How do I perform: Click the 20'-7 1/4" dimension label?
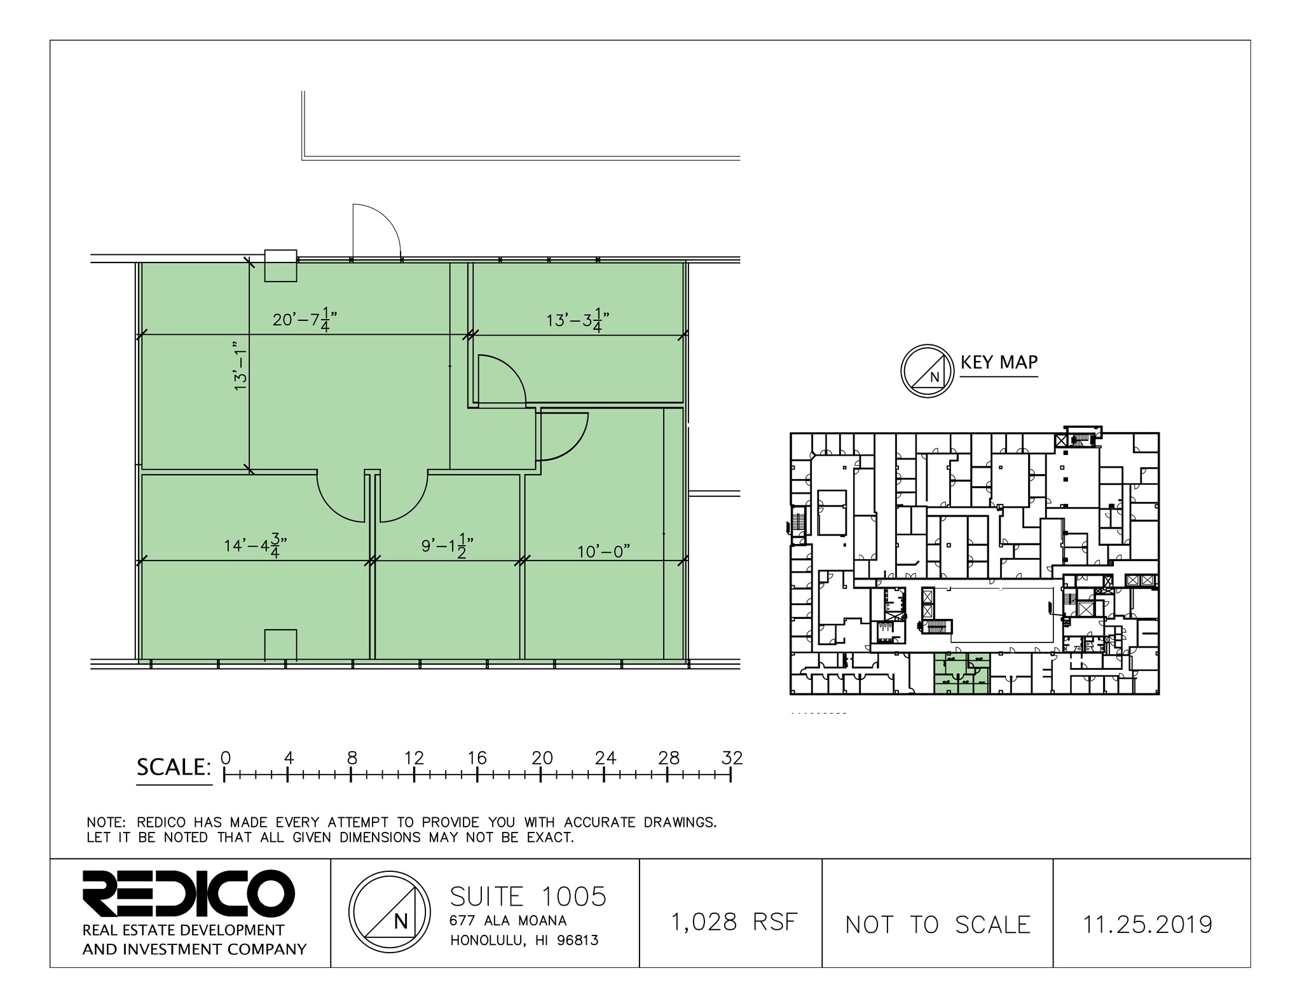[x=305, y=320]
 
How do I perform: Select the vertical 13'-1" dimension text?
[x=240, y=365]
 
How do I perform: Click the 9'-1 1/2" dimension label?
[x=448, y=546]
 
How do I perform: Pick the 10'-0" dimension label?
[x=603, y=552]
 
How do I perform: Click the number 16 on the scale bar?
[x=477, y=758]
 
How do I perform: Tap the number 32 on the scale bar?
[x=732, y=758]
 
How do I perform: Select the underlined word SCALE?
[x=174, y=768]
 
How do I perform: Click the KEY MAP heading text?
[x=999, y=362]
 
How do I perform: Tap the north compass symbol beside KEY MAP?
[x=928, y=371]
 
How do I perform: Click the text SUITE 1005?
[x=528, y=897]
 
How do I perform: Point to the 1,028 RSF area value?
[x=734, y=921]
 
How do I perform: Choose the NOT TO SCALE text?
[x=938, y=925]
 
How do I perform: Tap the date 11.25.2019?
[x=1148, y=925]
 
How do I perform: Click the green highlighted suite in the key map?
[x=961, y=674]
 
